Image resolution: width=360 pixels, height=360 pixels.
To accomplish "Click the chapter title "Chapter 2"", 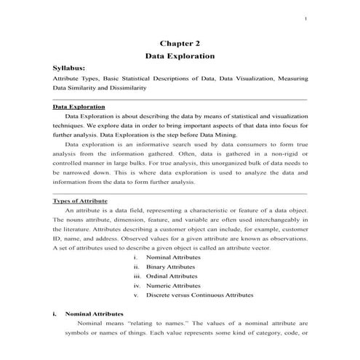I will (180, 42).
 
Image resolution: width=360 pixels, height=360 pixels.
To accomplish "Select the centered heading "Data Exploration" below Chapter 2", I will (180, 55).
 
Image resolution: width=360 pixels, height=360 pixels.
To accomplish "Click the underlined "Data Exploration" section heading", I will (79, 107).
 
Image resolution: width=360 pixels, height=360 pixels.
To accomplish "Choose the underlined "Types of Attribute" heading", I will (81, 200).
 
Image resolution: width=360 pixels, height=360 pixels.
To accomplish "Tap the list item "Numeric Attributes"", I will (173, 286).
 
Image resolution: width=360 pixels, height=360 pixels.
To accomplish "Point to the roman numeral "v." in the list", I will (136, 295).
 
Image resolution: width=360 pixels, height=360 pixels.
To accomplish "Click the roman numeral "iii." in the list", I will (136, 276).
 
